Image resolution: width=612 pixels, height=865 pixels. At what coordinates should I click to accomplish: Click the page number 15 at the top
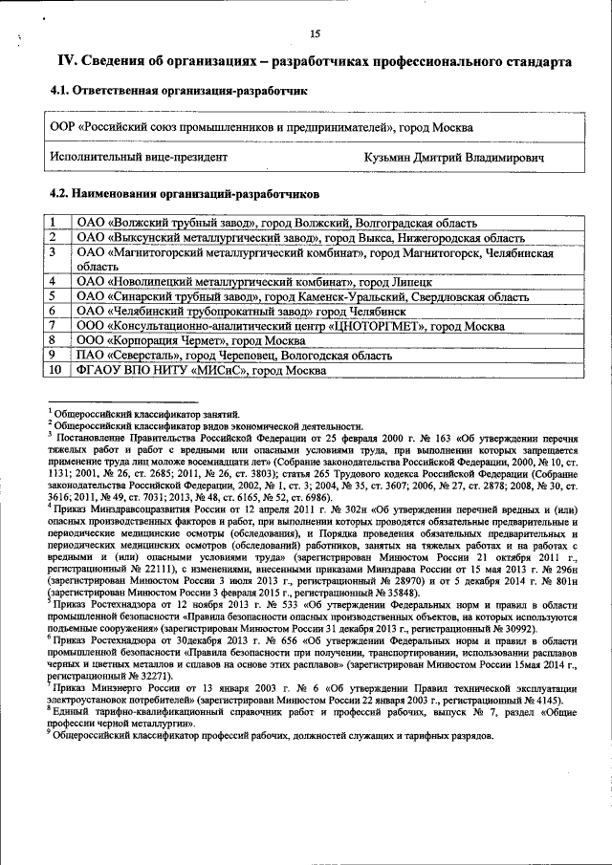click(315, 35)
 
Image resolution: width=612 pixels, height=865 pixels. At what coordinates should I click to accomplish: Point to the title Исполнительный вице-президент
click(139, 156)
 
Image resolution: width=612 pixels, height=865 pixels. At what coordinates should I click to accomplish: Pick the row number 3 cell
click(55, 252)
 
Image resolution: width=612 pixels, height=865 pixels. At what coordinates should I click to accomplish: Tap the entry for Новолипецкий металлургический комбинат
click(254, 282)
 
